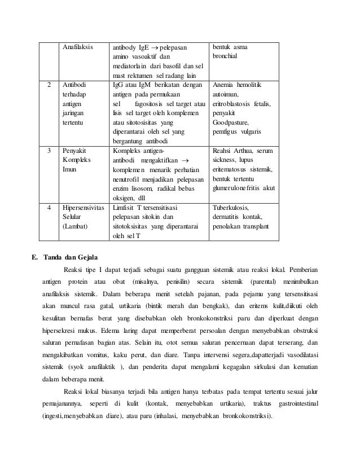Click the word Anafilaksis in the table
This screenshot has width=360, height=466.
click(77, 47)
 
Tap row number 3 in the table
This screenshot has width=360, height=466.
click(49, 152)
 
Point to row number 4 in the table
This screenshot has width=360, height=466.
click(49, 207)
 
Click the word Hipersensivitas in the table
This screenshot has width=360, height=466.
click(84, 207)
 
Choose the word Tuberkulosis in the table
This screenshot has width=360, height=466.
click(233, 207)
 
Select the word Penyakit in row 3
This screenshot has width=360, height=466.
click(74, 152)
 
